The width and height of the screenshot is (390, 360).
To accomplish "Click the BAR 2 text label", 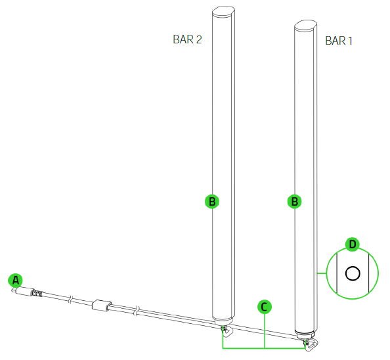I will click(187, 39).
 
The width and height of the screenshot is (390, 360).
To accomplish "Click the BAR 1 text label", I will click(339, 41).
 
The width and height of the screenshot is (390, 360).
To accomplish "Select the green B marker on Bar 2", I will click(211, 202).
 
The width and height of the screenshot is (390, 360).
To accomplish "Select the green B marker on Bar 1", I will click(295, 202).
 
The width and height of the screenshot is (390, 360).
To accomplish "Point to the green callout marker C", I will click(264, 306).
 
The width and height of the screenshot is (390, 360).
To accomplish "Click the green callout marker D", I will click(353, 244).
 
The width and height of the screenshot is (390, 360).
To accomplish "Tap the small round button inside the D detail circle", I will click(353, 273).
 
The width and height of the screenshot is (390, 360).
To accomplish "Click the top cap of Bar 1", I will click(305, 26).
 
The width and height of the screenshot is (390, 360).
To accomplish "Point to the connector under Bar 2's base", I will click(225, 330).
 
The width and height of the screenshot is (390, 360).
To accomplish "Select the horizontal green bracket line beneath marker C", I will click(264, 348).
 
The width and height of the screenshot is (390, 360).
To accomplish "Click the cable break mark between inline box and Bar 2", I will click(137, 309).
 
